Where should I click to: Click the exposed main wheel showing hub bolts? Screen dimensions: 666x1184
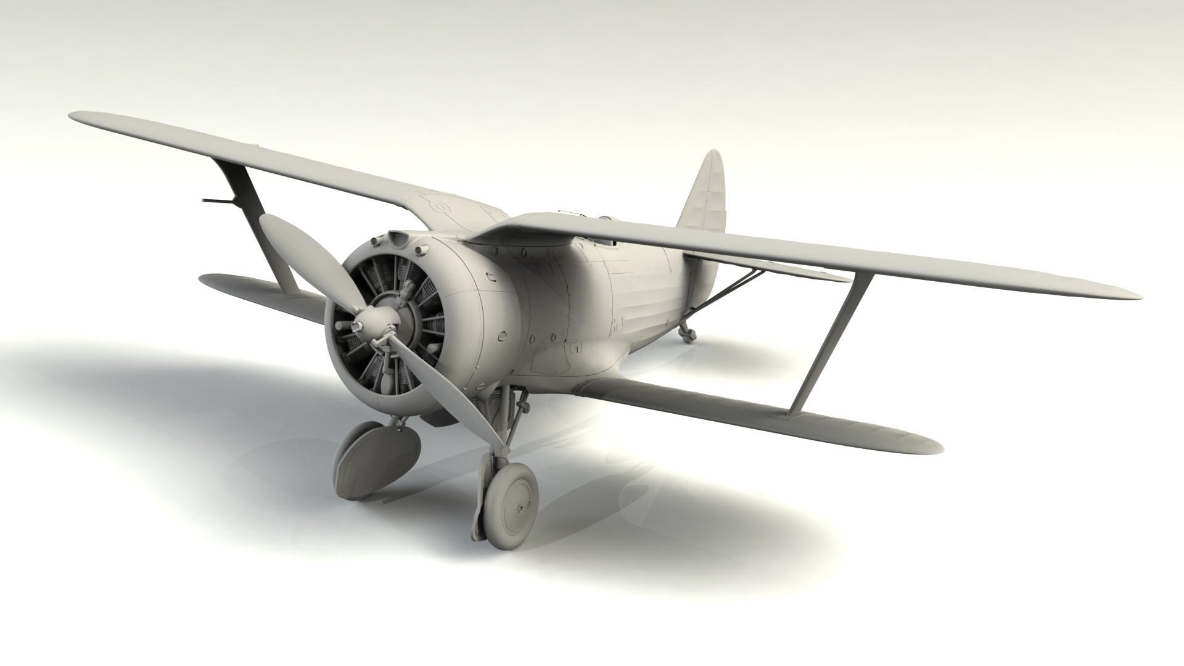512,499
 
